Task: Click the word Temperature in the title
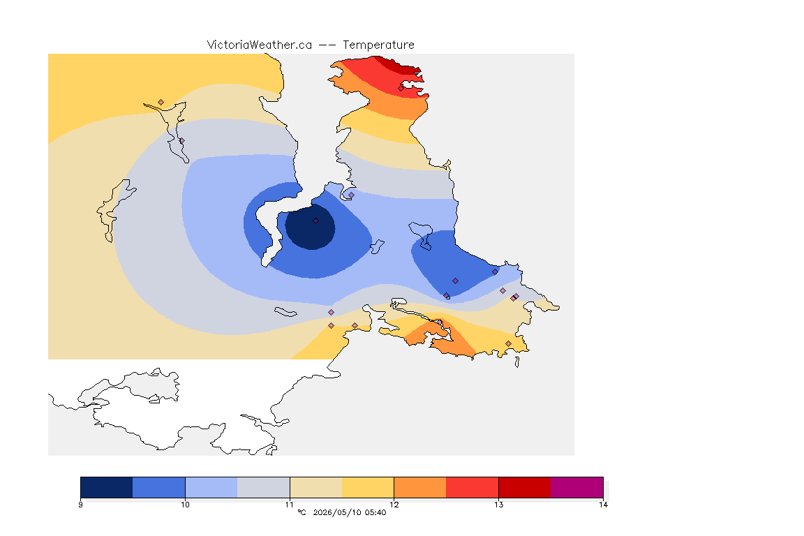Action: click(x=378, y=45)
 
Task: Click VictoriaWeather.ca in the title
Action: click(x=260, y=45)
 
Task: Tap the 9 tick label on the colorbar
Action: click(x=80, y=505)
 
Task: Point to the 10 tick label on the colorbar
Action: click(x=185, y=505)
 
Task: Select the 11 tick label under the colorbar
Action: click(x=290, y=505)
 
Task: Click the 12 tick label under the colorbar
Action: click(x=394, y=505)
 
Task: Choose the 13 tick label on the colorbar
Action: click(x=498, y=505)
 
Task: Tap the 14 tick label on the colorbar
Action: click(x=603, y=505)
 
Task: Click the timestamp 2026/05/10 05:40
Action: click(x=349, y=512)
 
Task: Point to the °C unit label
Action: click(x=301, y=512)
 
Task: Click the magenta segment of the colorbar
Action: click(x=577, y=487)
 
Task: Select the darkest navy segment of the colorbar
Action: click(x=107, y=487)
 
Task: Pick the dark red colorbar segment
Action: click(x=525, y=487)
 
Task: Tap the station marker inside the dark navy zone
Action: click(x=316, y=221)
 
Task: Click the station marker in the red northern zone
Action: click(x=401, y=88)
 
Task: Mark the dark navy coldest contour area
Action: click(x=310, y=227)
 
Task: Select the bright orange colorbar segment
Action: click(x=420, y=487)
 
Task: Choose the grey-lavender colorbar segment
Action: click(x=264, y=487)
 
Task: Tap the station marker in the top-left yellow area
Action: click(x=161, y=103)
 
